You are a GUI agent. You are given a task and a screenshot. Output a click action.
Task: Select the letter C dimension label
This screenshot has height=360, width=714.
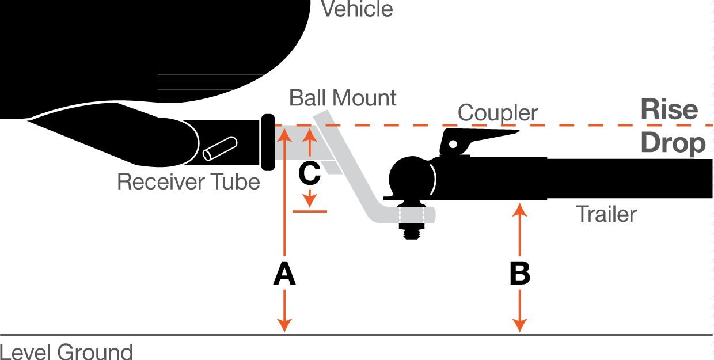click(x=309, y=173)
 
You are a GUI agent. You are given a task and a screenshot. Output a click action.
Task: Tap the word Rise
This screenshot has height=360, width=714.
click(x=669, y=109)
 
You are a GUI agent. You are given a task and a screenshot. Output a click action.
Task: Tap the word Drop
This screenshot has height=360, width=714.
click(x=673, y=143)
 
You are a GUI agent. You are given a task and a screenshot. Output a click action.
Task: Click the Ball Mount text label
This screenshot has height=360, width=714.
click(x=343, y=98)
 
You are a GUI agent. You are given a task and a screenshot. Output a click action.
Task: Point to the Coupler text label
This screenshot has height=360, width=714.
click(x=497, y=113)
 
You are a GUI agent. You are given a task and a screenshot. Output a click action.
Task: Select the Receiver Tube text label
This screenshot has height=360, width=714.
click(x=188, y=182)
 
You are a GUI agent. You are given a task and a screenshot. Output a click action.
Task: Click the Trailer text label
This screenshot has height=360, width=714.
click(x=606, y=214)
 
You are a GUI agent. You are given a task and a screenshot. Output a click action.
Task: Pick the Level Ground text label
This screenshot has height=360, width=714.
click(x=66, y=351)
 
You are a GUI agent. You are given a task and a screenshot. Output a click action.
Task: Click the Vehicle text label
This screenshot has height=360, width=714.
click(x=357, y=9)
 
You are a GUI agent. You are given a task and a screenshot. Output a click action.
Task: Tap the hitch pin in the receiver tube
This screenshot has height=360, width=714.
click(x=220, y=148)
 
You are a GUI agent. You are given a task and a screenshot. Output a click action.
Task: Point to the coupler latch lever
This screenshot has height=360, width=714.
click(x=478, y=139)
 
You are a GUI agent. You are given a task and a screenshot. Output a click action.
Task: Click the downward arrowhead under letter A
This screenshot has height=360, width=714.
click(x=284, y=325)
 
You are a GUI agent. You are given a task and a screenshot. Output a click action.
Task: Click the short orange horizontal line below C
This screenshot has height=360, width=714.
click(x=310, y=211)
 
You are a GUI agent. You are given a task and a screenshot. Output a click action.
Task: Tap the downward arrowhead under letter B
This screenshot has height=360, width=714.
click(x=519, y=325)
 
